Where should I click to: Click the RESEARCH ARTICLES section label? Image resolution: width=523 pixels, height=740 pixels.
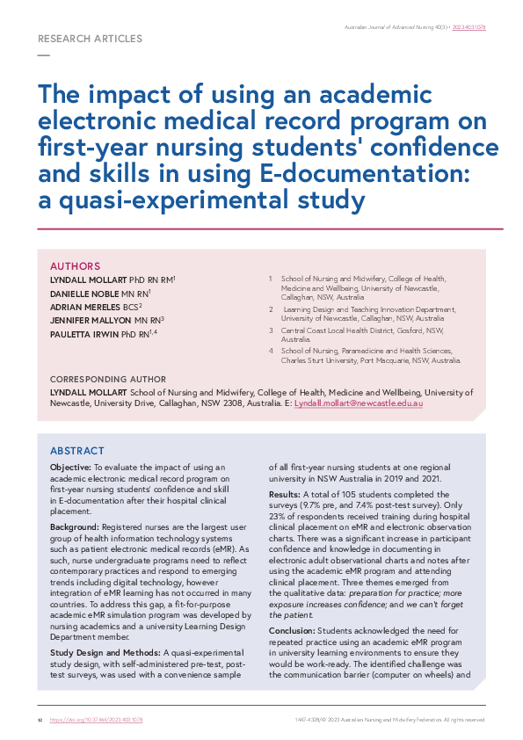(x=91, y=40)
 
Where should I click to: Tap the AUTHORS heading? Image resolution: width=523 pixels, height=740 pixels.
(x=75, y=266)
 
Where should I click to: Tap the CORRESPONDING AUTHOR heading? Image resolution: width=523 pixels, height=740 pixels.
(x=108, y=380)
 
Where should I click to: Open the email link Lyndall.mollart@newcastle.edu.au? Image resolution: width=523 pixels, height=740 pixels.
(x=359, y=403)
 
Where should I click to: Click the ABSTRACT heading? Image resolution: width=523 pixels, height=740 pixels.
(x=77, y=450)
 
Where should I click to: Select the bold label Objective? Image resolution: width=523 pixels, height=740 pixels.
(x=70, y=468)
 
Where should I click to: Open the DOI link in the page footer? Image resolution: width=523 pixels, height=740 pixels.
(x=97, y=720)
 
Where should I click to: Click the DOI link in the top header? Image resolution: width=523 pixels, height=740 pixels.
(x=469, y=27)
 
